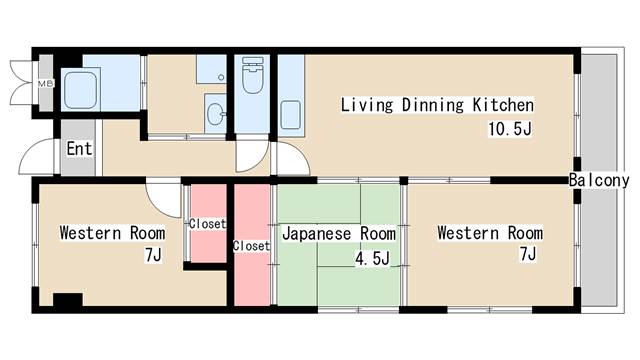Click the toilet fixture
pyautogui.click(x=252, y=75)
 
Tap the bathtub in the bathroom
pyautogui.click(x=81, y=90)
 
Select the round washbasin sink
pyautogui.click(x=215, y=114)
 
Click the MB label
pyautogui.click(x=46, y=84)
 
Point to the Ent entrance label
pyautogui.click(x=79, y=149)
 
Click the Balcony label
pyautogui.click(x=599, y=180)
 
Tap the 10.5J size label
pyautogui.click(x=510, y=129)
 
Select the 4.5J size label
pyautogui.click(x=372, y=258)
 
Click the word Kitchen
pyautogui.click(x=503, y=105)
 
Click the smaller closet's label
pyautogui.click(x=207, y=224)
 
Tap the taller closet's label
pyautogui.click(x=251, y=246)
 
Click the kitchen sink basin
pyautogui.click(x=291, y=115)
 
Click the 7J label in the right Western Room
pyautogui.click(x=527, y=253)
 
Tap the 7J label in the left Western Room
pyautogui.click(x=153, y=255)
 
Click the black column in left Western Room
pyautogui.click(x=68, y=300)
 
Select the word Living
pyautogui.click(x=367, y=105)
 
